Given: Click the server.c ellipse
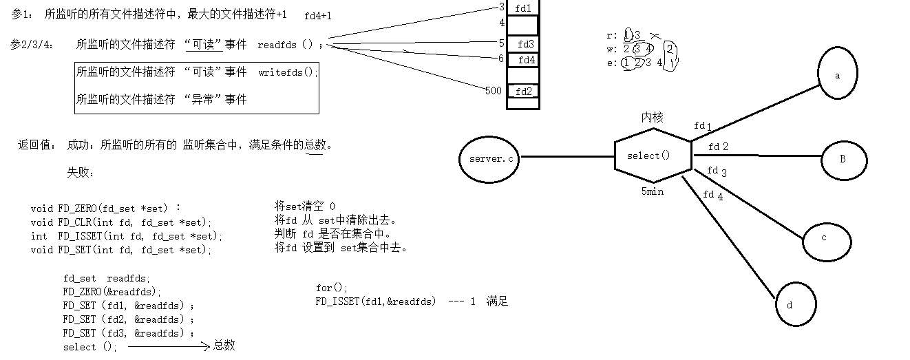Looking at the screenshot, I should pos(490,158).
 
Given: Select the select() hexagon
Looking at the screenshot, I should pos(652,156).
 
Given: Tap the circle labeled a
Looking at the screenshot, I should pos(837,75).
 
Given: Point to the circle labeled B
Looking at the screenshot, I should pos(843,159).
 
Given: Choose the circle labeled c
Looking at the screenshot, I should pos(824,237).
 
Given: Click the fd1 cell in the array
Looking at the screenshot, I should pos(523,8).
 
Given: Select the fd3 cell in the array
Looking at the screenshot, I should pos(525,44).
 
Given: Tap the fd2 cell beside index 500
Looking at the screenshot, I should pos(523,91).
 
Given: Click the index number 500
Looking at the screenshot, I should pos(494,91).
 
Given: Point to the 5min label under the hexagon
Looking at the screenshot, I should pos(652,192).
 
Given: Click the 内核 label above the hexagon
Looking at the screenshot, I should pos(652,118).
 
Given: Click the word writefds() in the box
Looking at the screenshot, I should pos(288,72).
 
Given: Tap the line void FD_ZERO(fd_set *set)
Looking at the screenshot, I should pos(106,208).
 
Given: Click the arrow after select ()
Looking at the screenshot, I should pos(169,347).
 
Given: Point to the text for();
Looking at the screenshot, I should pos(332,287).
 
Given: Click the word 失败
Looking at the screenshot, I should pos(80,172).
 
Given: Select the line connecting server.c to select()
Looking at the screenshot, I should pos(567,157).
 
